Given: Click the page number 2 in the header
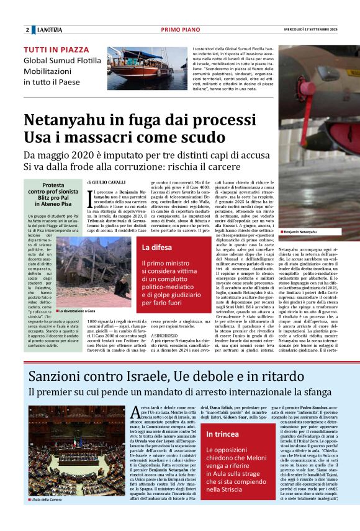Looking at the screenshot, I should point(27,30).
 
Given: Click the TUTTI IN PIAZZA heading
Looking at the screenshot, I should point(56,50).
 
